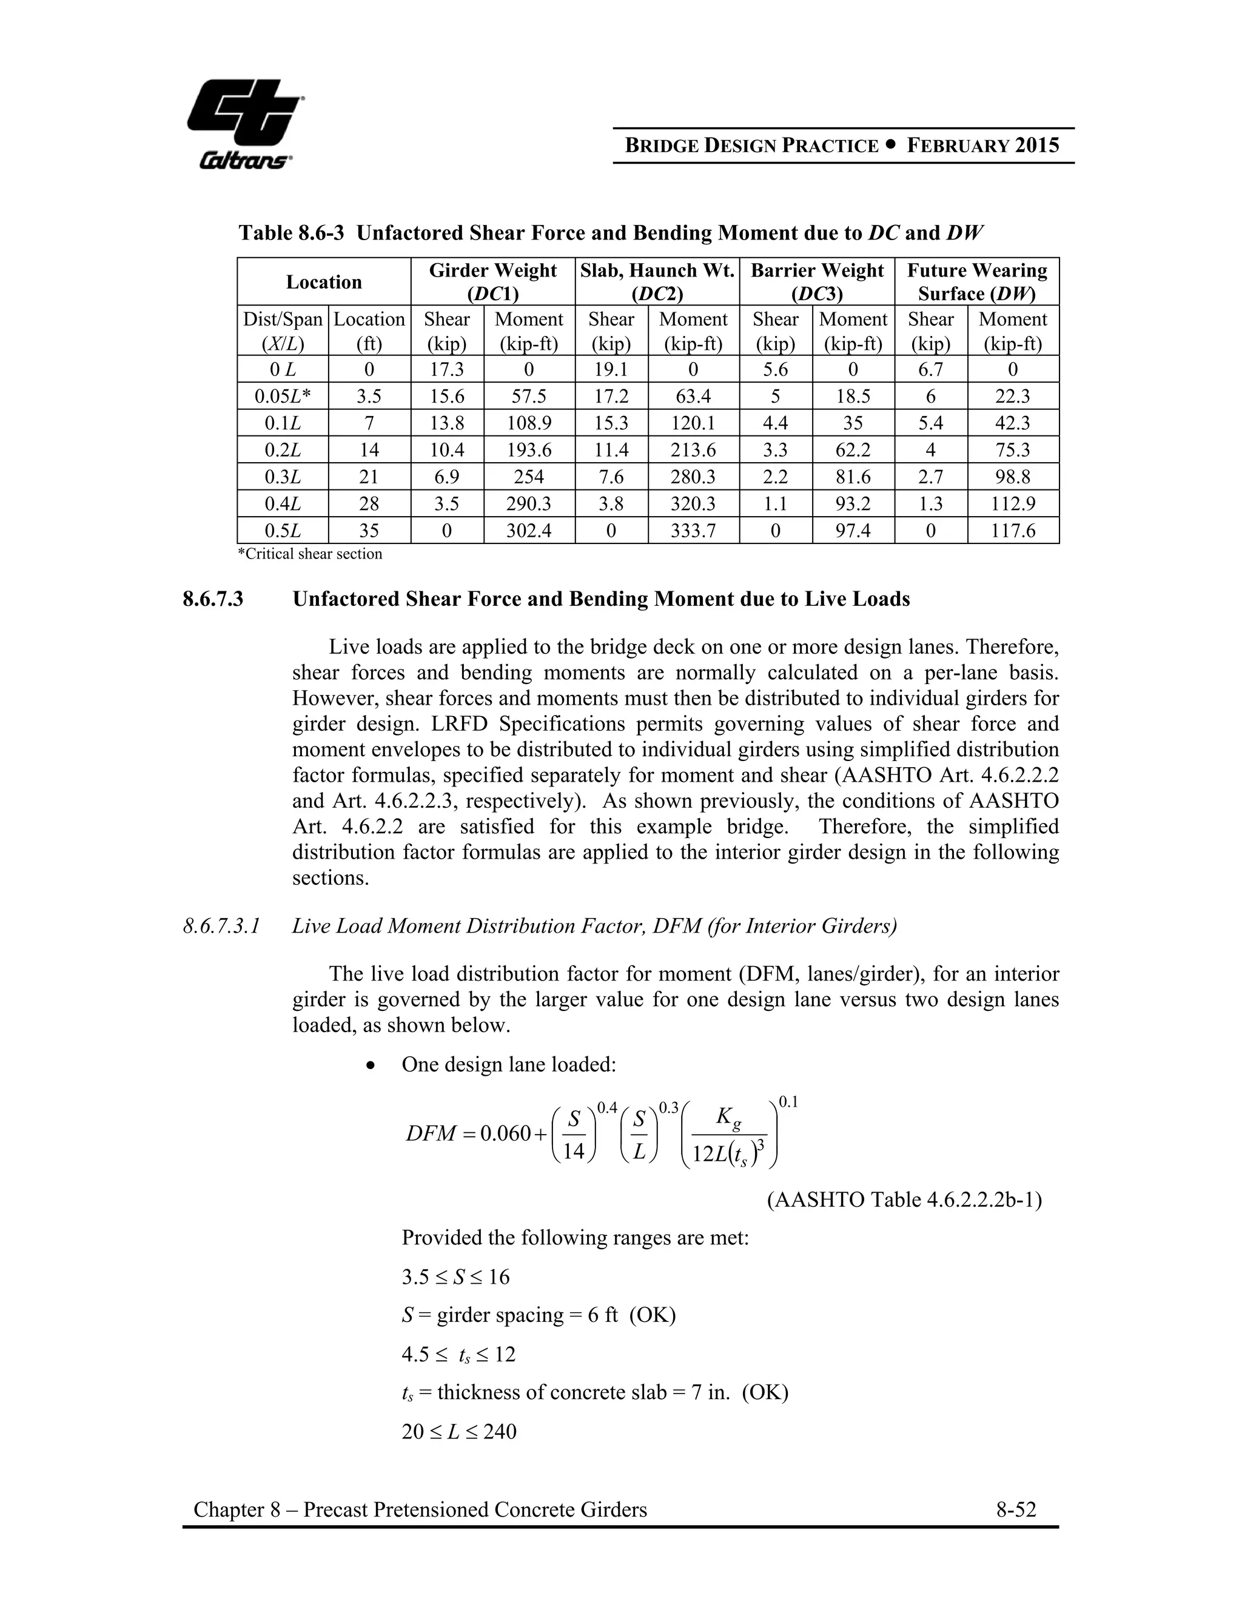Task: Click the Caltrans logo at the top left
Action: click(244, 123)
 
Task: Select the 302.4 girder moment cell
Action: click(528, 531)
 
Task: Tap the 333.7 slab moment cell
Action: click(693, 531)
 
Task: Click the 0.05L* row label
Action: click(283, 397)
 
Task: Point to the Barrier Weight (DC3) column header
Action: click(817, 282)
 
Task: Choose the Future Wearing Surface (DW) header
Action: click(976, 282)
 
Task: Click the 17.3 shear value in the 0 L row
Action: click(446, 369)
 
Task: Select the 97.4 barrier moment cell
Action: click(853, 531)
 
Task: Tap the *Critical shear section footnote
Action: click(310, 554)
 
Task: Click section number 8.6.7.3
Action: click(213, 600)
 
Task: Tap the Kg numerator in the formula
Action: click(728, 1118)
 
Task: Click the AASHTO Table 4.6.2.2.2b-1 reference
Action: click(904, 1200)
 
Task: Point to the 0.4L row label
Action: click(283, 504)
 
